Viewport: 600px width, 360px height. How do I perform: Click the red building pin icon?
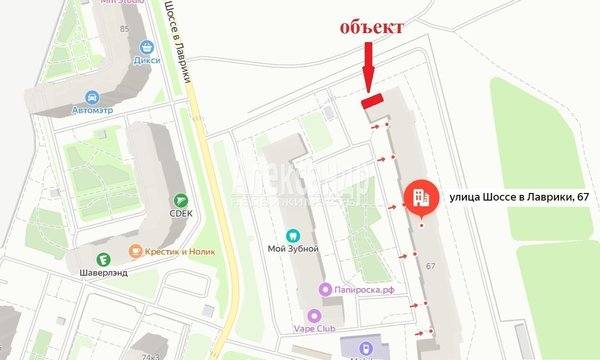point(420,198)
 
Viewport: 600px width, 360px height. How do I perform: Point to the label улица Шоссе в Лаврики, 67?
point(516,198)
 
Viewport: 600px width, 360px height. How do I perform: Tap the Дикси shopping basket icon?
point(147,46)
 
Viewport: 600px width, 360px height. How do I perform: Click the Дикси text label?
point(147,59)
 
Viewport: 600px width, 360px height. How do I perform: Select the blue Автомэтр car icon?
point(91,98)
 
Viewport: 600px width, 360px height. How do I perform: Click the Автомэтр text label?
point(91,112)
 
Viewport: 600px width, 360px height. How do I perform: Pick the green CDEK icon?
point(181,202)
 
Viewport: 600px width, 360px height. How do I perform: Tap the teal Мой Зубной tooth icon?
point(293,235)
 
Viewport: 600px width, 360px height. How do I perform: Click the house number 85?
point(124,28)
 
